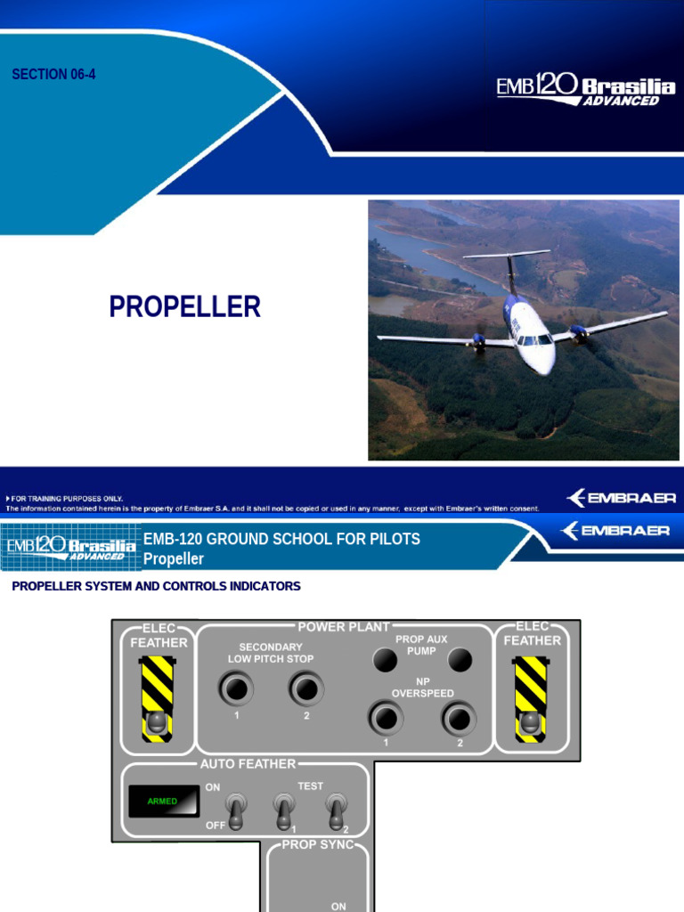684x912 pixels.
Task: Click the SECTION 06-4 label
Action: click(53, 75)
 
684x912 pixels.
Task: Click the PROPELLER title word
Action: click(185, 307)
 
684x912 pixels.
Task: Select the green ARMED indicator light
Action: click(162, 802)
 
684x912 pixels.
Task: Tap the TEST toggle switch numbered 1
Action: click(284, 811)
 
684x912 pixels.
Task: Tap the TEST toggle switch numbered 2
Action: click(336, 811)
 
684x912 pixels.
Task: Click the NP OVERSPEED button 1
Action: click(386, 717)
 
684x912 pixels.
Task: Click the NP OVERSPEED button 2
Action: click(459, 717)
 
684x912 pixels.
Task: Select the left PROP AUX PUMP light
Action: click(384, 660)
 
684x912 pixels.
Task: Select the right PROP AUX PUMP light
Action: click(459, 660)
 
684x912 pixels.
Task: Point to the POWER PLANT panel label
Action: click(344, 627)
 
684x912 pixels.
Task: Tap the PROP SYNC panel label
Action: click(317, 844)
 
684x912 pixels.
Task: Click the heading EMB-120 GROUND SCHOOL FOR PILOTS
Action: click(281, 539)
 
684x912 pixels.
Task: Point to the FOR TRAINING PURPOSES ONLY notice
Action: click(66, 498)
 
